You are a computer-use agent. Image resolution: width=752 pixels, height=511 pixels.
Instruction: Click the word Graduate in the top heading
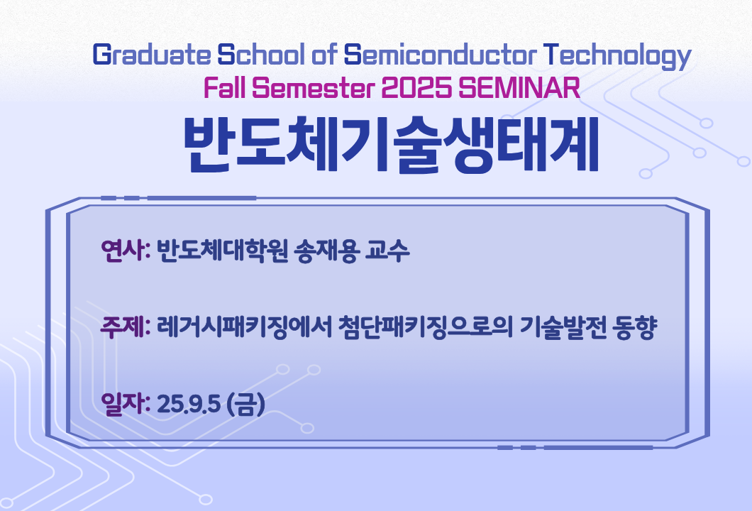point(152,54)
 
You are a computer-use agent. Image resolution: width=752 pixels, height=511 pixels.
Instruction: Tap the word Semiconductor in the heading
point(440,54)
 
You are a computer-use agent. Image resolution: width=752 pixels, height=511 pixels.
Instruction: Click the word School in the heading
point(261,54)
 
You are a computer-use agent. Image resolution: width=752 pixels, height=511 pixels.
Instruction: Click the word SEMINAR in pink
point(519,88)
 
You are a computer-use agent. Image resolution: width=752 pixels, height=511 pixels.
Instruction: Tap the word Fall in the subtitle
point(224,88)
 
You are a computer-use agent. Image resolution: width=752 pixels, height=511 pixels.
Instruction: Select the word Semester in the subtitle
point(314,88)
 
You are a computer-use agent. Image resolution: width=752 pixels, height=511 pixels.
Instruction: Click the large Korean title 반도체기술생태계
point(392,144)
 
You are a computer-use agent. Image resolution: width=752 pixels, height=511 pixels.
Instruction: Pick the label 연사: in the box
point(126,250)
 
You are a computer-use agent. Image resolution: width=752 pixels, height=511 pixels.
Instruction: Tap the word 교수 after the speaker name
point(387,250)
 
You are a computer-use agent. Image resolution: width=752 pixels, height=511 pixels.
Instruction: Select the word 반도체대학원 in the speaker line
point(223,250)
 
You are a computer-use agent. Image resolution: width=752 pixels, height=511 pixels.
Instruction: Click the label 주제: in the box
point(126,327)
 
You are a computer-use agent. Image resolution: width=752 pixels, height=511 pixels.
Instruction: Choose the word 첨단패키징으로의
point(426,327)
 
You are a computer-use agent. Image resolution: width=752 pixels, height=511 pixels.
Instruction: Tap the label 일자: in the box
point(126,404)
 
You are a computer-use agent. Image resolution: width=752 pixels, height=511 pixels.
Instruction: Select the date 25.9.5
point(189,405)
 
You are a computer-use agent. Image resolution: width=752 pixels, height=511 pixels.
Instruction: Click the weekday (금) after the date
point(245,405)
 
